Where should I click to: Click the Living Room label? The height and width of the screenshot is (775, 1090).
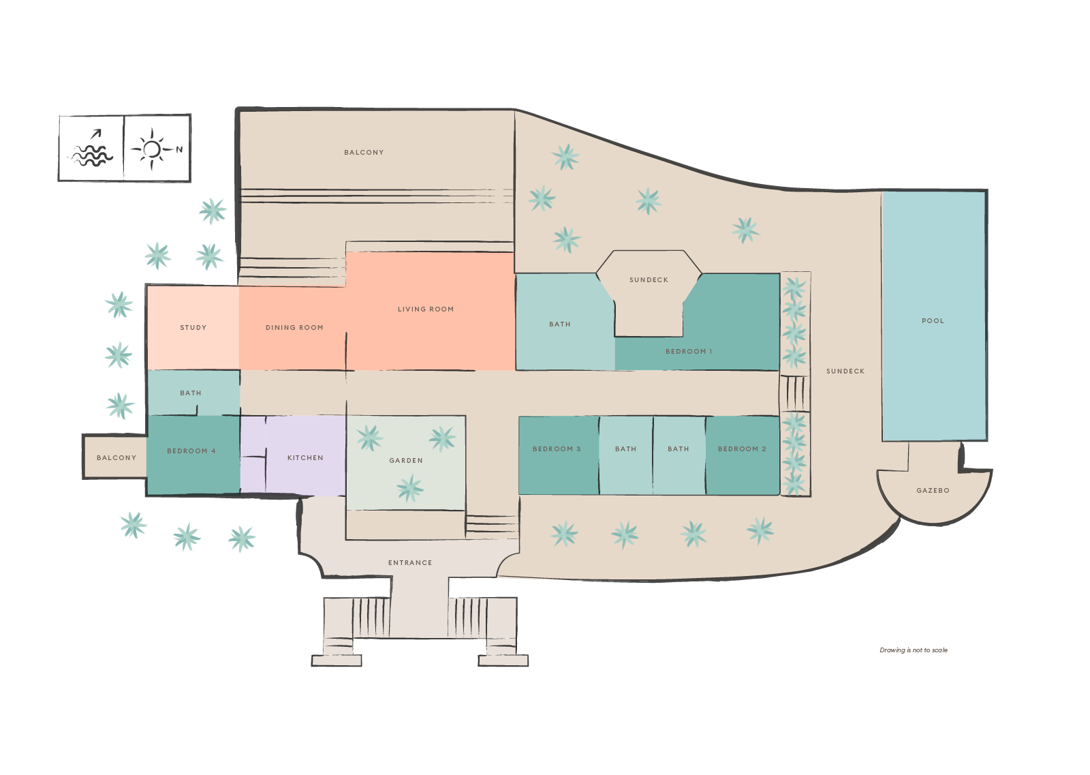click(426, 309)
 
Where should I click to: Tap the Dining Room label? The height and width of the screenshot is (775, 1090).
click(294, 328)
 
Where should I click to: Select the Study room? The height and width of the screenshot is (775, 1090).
click(193, 328)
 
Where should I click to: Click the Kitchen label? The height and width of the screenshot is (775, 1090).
click(305, 458)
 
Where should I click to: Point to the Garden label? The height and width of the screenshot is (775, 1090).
click(406, 461)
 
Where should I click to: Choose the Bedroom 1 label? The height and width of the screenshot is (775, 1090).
click(689, 352)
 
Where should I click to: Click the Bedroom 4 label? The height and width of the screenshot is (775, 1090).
click(191, 451)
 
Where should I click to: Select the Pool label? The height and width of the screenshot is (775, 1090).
click(933, 321)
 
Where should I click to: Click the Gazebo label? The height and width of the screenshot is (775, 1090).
click(933, 491)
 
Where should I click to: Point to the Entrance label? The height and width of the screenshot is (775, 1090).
click(410, 563)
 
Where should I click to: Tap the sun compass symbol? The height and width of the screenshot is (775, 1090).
click(152, 149)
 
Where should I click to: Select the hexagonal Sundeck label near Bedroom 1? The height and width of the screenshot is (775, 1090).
click(649, 280)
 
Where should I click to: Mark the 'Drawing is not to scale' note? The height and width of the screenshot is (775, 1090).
click(914, 650)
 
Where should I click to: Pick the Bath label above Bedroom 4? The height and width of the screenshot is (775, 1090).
click(191, 393)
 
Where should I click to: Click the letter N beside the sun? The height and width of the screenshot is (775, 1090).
click(179, 150)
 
